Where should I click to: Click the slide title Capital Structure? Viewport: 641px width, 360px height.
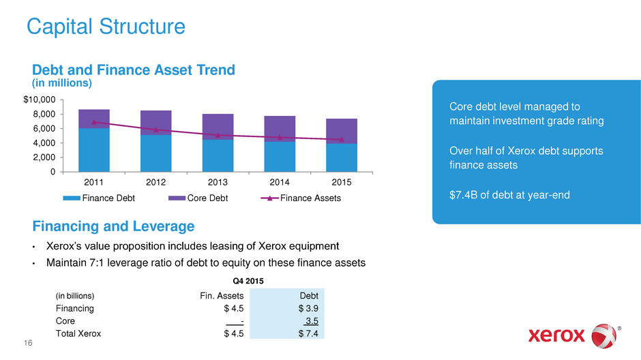click(105, 27)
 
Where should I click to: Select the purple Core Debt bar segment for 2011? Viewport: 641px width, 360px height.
click(94, 119)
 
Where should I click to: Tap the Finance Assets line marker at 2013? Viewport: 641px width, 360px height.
click(218, 135)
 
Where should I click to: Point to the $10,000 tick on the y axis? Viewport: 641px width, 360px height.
click(41, 100)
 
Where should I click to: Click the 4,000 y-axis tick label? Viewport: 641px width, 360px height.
click(44, 143)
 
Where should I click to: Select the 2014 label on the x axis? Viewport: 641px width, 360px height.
click(280, 183)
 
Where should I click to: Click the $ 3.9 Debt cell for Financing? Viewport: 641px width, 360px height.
click(308, 309)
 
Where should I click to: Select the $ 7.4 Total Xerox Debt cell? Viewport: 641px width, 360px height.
click(308, 334)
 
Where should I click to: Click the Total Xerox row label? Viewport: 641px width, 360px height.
click(78, 334)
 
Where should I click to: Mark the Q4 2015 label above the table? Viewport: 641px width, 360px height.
click(245, 280)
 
